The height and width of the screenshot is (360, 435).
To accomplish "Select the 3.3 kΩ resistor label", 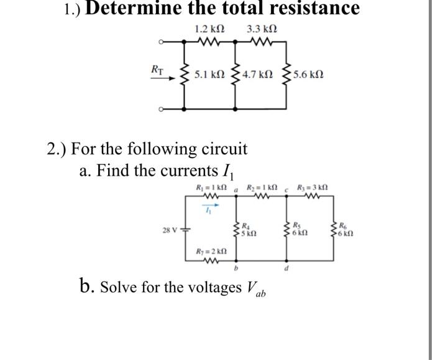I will click(x=262, y=29).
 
